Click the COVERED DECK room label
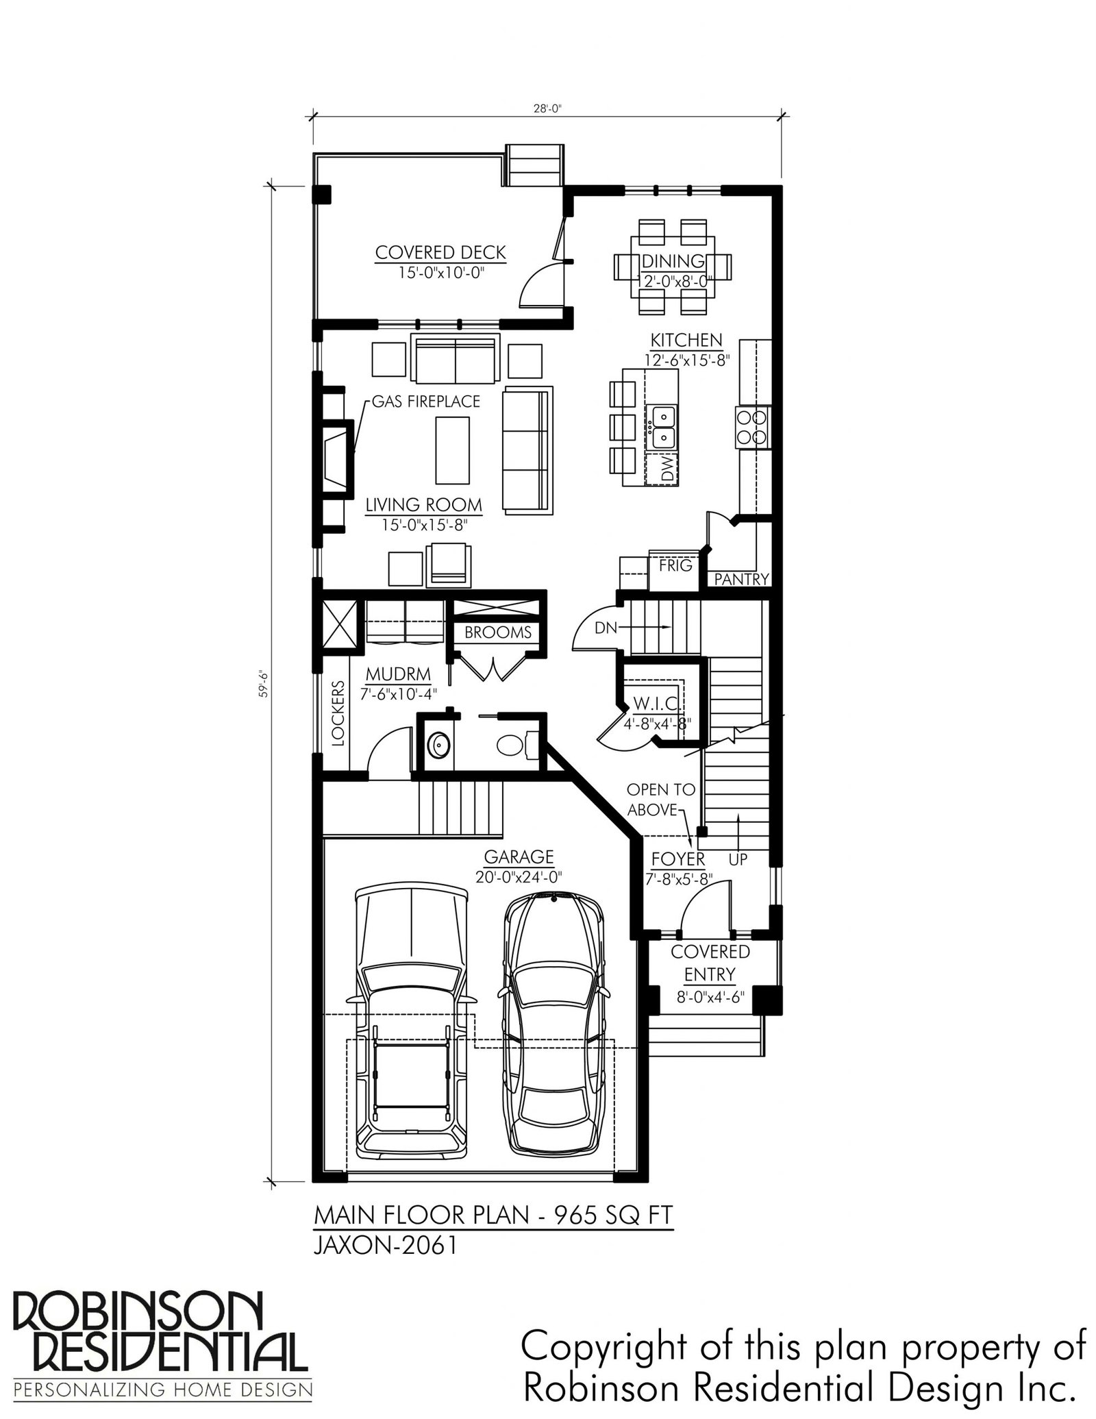pos(440,252)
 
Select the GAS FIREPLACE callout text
pos(425,402)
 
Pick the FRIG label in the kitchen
pos(675,566)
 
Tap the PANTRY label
pos(742,579)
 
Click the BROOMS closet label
pos(498,632)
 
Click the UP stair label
pos(738,859)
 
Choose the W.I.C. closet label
pos(656,704)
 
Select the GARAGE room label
pos(519,856)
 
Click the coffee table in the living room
pos(453,450)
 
